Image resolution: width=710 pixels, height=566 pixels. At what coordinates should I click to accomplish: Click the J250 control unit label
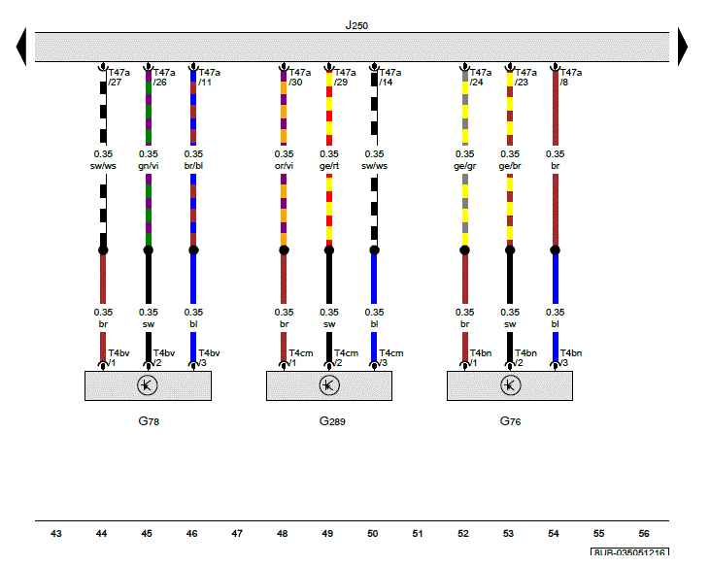coord(356,25)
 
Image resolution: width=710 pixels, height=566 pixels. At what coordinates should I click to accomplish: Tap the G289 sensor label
coord(332,422)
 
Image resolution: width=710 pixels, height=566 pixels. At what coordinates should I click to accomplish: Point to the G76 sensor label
coord(511,422)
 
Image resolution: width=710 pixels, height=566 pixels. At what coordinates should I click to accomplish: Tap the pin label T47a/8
coord(570,78)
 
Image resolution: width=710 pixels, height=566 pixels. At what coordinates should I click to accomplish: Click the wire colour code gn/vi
coord(148,166)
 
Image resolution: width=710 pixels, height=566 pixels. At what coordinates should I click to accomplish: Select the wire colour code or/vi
coord(284,166)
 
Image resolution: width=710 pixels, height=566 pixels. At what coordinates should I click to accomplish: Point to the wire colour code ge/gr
coord(465,166)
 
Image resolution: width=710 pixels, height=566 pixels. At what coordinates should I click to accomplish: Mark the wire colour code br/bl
coord(193,166)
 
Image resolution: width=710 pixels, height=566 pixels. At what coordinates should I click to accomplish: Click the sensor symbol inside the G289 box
coord(329,385)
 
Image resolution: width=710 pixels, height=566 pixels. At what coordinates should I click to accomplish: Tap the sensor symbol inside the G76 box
coord(510,385)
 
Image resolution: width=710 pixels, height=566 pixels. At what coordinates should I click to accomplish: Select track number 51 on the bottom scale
coord(418,534)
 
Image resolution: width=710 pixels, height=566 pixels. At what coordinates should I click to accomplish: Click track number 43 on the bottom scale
coord(56,534)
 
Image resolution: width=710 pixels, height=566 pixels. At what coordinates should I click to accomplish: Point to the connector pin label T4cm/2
coord(345,358)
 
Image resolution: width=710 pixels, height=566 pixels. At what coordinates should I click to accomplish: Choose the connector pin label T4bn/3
coord(570,358)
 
